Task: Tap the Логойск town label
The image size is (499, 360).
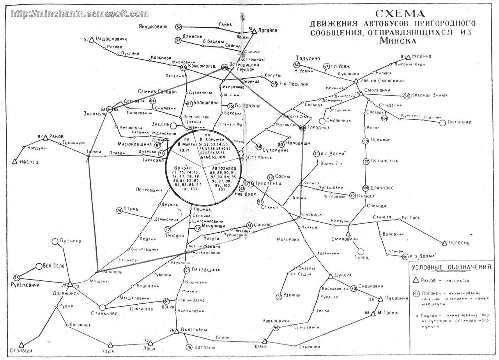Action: coord(267,30)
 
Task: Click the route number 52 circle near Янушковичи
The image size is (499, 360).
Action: coord(179,27)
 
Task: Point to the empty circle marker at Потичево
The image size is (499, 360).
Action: coord(442,123)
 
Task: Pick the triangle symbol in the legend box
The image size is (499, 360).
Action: coord(416,280)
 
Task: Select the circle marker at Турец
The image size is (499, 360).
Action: coord(361,252)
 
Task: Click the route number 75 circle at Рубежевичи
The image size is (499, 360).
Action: coord(16,278)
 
